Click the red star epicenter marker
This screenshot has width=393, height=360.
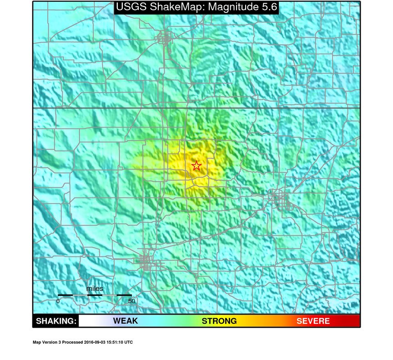coord(196,166)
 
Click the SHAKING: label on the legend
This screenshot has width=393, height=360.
coord(55,321)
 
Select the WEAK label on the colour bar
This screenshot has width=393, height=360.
coord(125,321)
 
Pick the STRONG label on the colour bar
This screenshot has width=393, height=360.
coord(219,321)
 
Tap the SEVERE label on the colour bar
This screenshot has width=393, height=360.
coord(313,321)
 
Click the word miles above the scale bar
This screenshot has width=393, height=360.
coord(95,289)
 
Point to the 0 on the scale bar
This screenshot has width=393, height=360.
coord(58,301)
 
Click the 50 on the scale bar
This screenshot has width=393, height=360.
coord(131,301)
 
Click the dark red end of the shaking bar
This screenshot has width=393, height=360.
coord(354,321)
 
